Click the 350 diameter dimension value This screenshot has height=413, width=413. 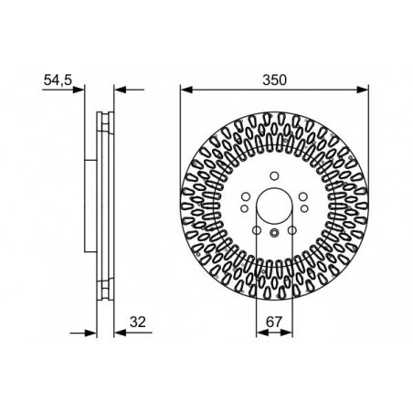pyautogui.click(x=274, y=79)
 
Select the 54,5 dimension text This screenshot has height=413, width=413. pyautogui.click(x=58, y=80)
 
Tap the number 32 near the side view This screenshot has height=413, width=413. pyautogui.click(x=138, y=322)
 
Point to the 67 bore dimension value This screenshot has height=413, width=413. pyautogui.click(x=274, y=322)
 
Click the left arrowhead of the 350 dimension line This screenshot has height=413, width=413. pyautogui.click(x=186, y=90)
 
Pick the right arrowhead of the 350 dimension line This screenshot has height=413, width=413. pyautogui.click(x=363, y=90)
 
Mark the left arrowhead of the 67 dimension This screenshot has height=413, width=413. pyautogui.click(x=262, y=333)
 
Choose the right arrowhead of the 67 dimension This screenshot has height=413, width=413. pyautogui.click(x=287, y=333)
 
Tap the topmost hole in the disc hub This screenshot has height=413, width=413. pyautogui.click(x=274, y=176)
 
